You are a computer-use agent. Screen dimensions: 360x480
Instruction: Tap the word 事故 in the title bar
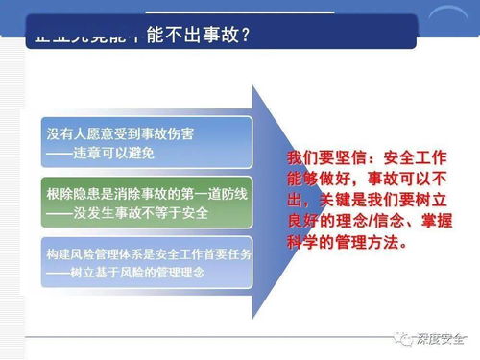(218, 36)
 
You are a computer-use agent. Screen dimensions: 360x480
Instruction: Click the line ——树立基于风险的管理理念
(126, 274)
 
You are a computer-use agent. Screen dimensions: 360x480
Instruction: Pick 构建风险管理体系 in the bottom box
(90, 256)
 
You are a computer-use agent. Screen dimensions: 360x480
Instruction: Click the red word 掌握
(430, 221)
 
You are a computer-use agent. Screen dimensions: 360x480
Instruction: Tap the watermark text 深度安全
(443, 339)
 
